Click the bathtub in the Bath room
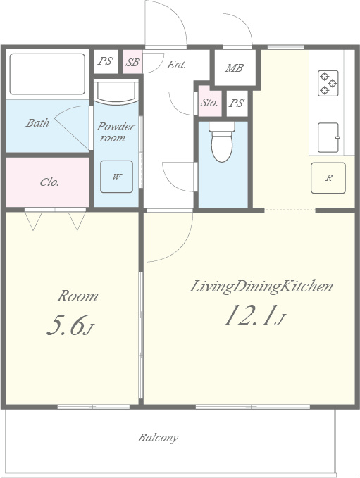click(x=47, y=74)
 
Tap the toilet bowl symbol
click(x=222, y=141)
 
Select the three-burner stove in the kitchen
click(x=328, y=83)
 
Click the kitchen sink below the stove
click(x=328, y=137)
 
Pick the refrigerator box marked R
click(x=328, y=178)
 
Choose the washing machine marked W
click(x=116, y=177)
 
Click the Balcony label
click(x=158, y=438)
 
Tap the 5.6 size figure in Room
click(x=70, y=325)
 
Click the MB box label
click(x=235, y=68)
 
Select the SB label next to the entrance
click(x=132, y=63)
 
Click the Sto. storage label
click(x=209, y=103)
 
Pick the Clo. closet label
click(x=49, y=182)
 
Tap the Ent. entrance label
click(x=176, y=65)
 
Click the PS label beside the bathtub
click(x=105, y=61)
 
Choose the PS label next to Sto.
click(x=237, y=103)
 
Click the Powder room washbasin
click(x=116, y=91)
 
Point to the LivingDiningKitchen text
click(x=261, y=287)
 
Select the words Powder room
click(x=116, y=132)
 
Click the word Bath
click(x=37, y=123)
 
